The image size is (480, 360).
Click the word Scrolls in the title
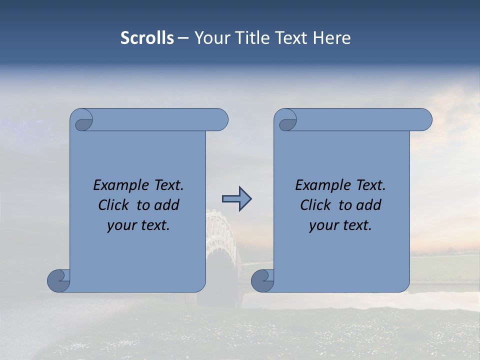click(x=147, y=38)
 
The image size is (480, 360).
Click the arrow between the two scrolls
click(x=236, y=199)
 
